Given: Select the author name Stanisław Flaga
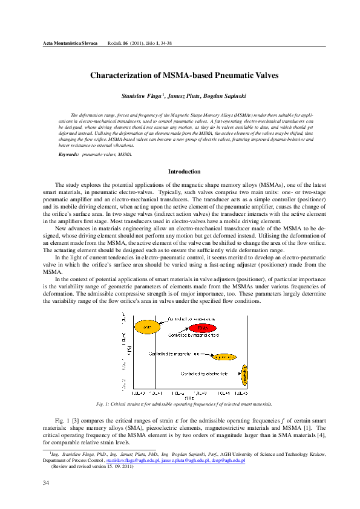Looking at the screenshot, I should (x=141, y=96).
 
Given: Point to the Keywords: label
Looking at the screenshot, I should (x=68, y=155).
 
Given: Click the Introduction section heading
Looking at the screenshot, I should (x=184, y=172).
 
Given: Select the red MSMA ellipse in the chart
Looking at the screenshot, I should (x=202, y=328).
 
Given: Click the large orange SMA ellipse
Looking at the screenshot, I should (x=146, y=326).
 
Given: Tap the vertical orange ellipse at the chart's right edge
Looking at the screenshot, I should (x=244, y=375).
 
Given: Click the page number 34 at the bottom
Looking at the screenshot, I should (x=46, y=482).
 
